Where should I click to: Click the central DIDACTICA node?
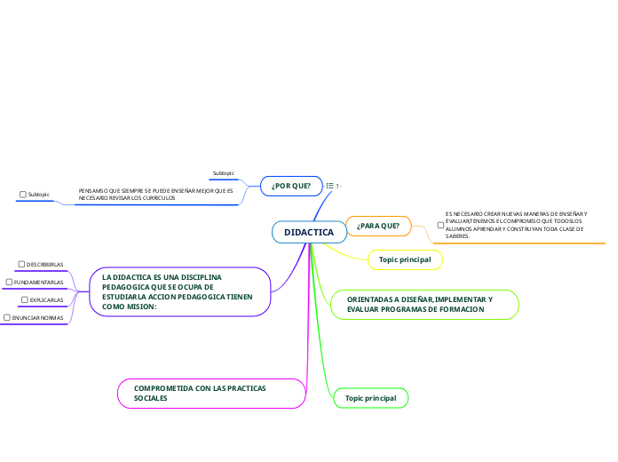309,232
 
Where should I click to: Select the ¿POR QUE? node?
290,186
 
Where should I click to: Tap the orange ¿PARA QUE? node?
377,227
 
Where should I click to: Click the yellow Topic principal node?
404,259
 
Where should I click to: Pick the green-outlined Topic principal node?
370,399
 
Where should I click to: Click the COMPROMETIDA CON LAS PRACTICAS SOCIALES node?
211,394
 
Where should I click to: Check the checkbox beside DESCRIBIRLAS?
21,264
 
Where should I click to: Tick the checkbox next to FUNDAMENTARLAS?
8,283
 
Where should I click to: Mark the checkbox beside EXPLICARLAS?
24,300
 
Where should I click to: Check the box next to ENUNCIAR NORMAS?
7,318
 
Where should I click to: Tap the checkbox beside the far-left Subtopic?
23,194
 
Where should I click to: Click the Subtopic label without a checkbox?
224,172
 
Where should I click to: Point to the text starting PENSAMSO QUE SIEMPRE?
155,194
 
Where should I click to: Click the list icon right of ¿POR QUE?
330,186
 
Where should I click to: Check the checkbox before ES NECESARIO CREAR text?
440,226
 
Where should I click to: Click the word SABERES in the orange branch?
457,236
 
